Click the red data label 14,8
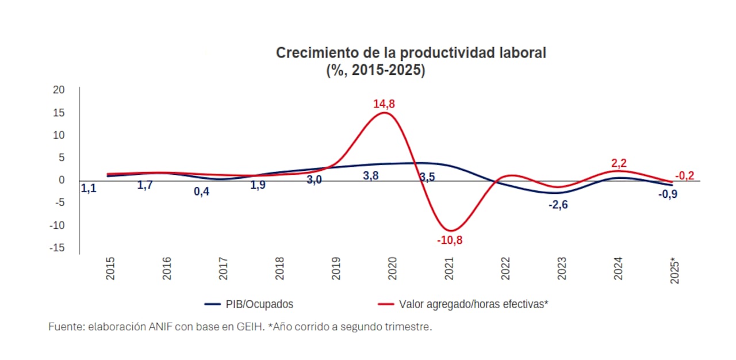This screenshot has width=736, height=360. [x=384, y=104]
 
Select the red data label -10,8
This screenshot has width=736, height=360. [x=449, y=240]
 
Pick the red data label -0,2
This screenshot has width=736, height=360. [x=684, y=175]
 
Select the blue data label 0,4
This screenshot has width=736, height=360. [x=201, y=192]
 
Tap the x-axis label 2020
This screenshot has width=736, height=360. [x=393, y=269]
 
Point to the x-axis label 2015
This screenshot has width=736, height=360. [x=110, y=269]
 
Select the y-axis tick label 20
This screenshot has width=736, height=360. [x=59, y=90]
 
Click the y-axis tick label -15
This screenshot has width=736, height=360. [x=57, y=248]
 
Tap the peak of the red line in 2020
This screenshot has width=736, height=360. [x=385, y=113]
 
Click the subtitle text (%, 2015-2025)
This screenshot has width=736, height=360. [x=375, y=71]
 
